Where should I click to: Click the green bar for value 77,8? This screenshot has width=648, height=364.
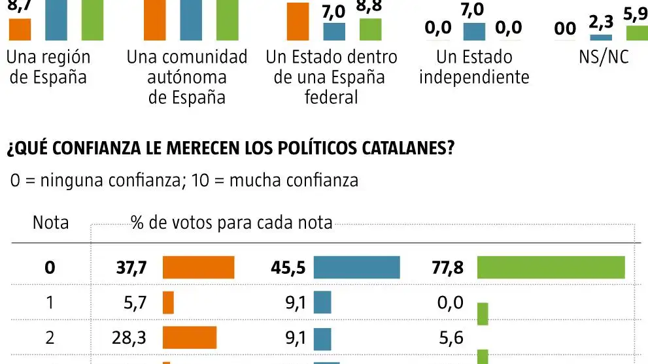tap(551, 267)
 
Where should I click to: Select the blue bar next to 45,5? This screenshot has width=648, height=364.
tap(356, 267)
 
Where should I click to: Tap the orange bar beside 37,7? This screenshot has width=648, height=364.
tap(198, 267)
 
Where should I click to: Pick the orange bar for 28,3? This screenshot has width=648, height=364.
tap(189, 338)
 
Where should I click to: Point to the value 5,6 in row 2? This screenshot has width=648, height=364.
tap(451, 338)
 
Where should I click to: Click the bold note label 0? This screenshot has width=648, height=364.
tap(50, 267)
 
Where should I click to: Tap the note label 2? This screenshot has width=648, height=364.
tap(50, 338)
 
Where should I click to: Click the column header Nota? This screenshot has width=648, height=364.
tap(50, 223)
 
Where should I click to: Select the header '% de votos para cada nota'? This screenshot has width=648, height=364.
tap(231, 223)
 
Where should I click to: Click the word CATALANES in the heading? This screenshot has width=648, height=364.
tap(405, 148)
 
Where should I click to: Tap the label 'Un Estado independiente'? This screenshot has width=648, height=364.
tap(473, 67)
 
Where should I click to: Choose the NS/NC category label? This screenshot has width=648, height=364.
tap(603, 57)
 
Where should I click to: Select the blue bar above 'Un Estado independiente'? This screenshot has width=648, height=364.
tap(474, 31)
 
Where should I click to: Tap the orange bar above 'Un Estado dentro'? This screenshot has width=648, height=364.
tap(298, 22)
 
